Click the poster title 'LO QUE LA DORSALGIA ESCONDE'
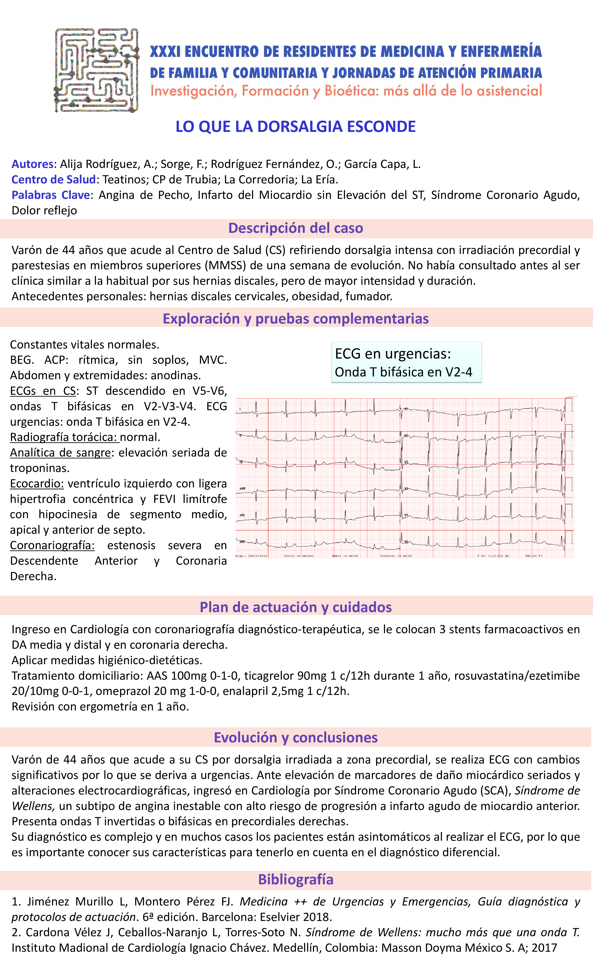click(x=295, y=127)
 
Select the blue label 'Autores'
click(x=32, y=164)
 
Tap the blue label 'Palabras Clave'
click(x=51, y=195)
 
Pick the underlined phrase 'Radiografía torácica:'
click(x=64, y=437)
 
